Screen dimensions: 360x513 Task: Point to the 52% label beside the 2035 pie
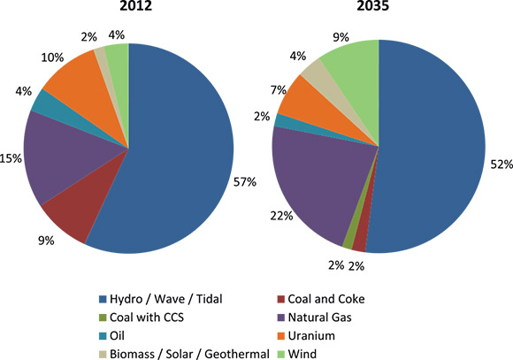(502, 163)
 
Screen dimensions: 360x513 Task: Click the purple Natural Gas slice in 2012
(57, 155)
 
